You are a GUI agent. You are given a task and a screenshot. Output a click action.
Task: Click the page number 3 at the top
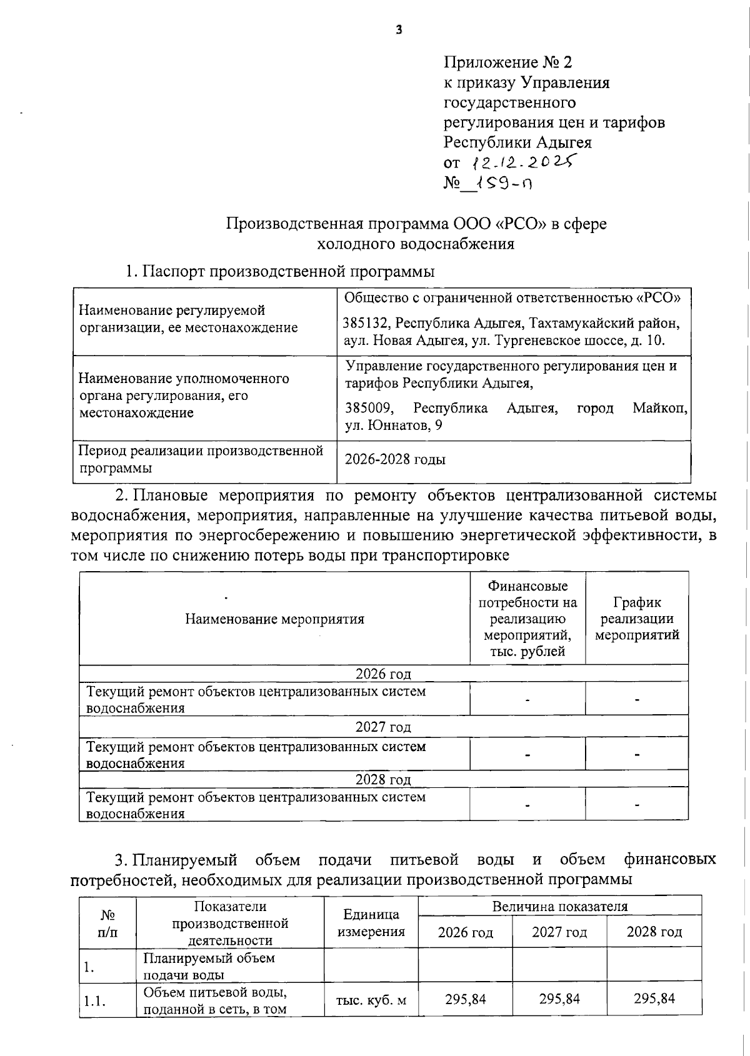pyautogui.click(x=398, y=29)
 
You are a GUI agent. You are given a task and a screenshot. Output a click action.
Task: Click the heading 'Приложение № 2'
pyautogui.click(x=507, y=62)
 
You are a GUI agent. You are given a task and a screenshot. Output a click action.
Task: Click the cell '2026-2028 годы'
pyautogui.click(x=395, y=459)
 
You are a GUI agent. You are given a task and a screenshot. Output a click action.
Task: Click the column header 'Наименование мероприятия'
pyautogui.click(x=274, y=619)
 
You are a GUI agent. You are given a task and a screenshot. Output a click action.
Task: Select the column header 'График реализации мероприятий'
pyautogui.click(x=636, y=619)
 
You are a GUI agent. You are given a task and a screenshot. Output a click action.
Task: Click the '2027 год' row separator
pyautogui.click(x=383, y=727)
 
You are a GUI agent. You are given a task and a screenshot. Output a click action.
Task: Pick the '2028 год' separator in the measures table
pyautogui.click(x=383, y=779)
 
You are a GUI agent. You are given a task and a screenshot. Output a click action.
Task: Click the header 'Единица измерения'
pyautogui.click(x=371, y=923)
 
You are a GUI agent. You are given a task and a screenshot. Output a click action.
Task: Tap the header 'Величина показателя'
pyautogui.click(x=559, y=906)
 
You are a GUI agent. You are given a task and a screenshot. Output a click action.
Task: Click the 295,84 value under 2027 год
pyautogui.click(x=559, y=999)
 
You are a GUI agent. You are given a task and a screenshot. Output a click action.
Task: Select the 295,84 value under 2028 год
pyautogui.click(x=654, y=999)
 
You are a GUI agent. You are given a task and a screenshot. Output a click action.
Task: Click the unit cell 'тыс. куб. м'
pyautogui.click(x=371, y=1000)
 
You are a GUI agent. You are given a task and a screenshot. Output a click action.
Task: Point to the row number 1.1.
pyautogui.click(x=94, y=1001)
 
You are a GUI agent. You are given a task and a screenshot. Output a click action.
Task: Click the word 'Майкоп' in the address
pyautogui.click(x=659, y=408)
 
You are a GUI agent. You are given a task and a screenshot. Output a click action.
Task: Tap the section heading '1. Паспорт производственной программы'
pyautogui.click(x=280, y=272)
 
